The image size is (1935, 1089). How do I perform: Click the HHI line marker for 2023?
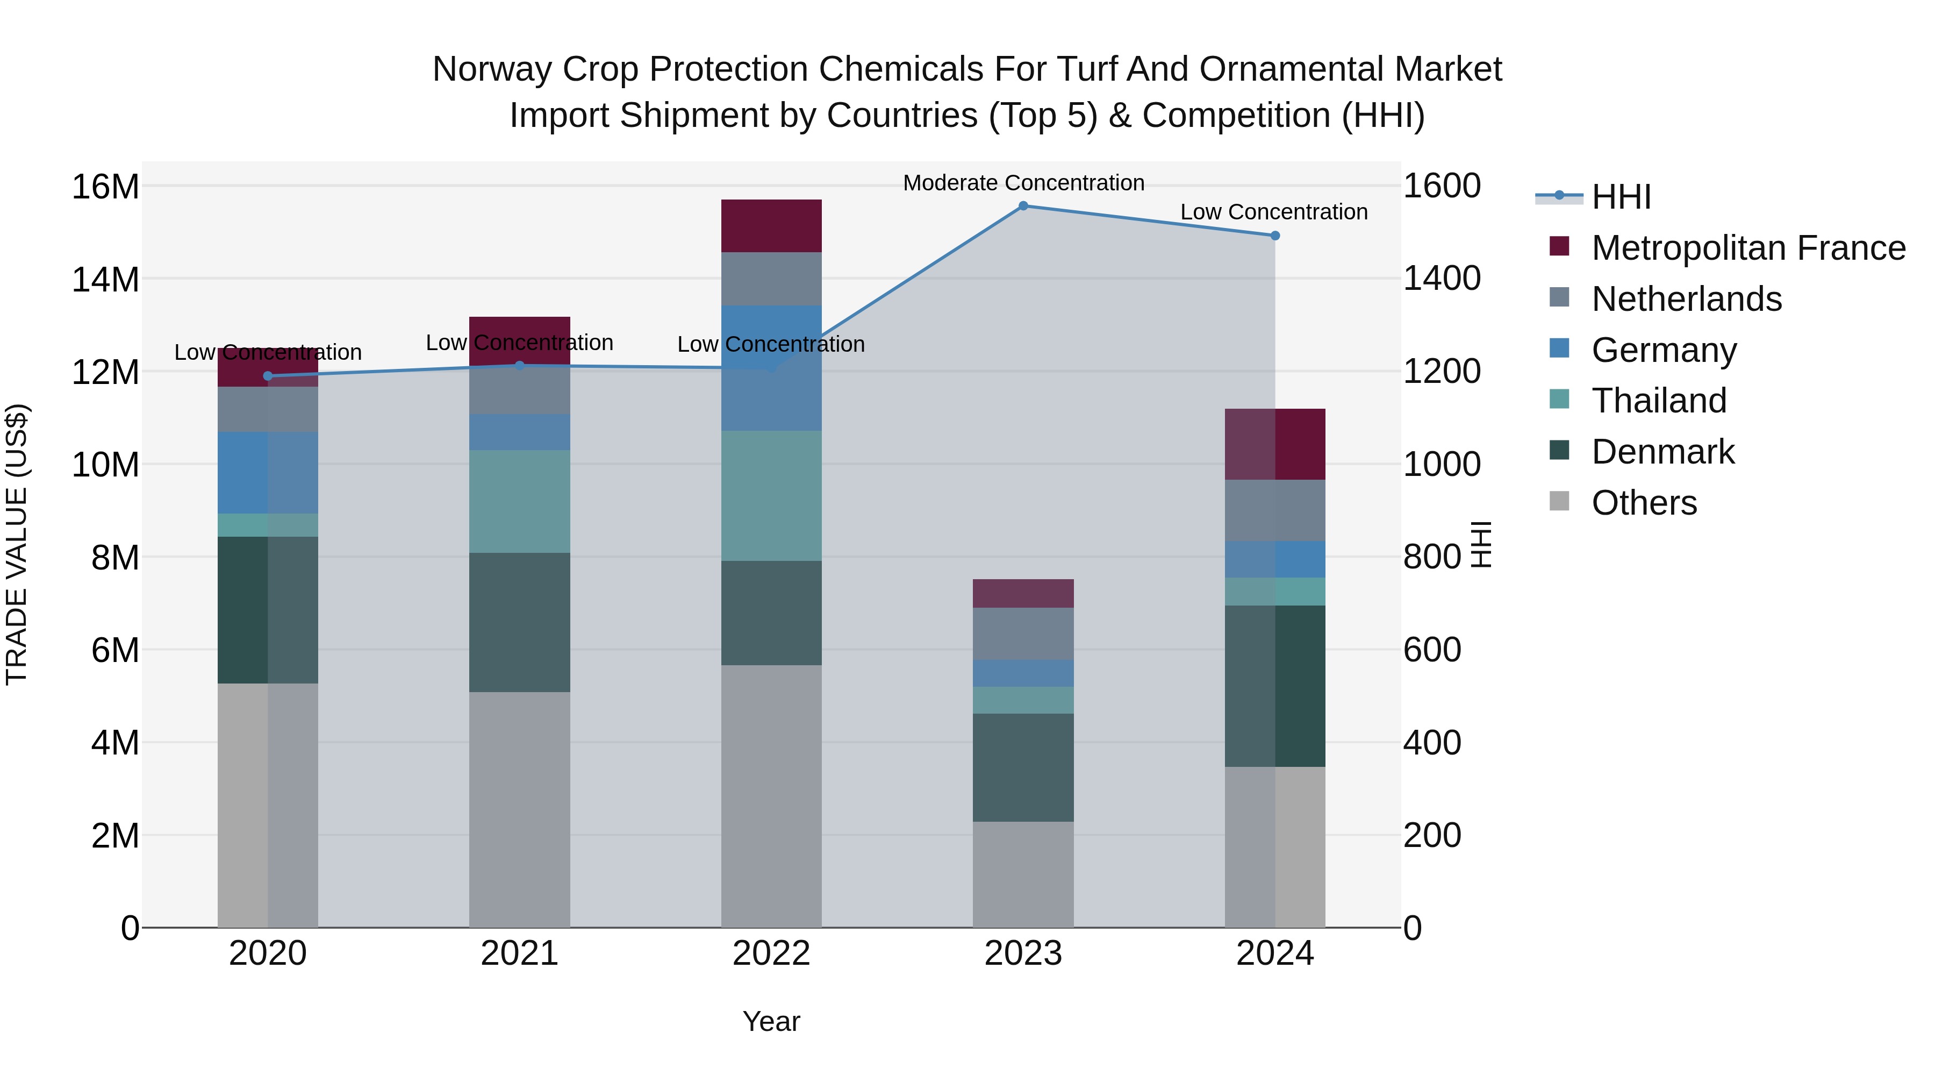click(x=1023, y=206)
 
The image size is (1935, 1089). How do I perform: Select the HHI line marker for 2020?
click(x=268, y=376)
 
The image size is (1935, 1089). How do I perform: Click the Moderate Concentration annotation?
click(x=1023, y=183)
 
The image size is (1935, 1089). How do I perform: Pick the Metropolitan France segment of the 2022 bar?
click(x=771, y=225)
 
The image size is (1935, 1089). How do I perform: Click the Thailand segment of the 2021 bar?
click(x=520, y=501)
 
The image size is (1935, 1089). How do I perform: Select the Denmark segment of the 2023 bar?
click(x=1023, y=767)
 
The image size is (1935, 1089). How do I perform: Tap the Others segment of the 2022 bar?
click(x=771, y=796)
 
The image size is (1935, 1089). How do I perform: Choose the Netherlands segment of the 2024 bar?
click(x=1275, y=510)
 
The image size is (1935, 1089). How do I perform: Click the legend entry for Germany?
click(x=1663, y=350)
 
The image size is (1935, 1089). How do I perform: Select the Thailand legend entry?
click(x=1659, y=401)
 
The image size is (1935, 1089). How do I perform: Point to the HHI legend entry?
click(x=1620, y=197)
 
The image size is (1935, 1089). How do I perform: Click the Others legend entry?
click(x=1644, y=503)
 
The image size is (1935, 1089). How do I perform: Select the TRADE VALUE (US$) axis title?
click(x=17, y=544)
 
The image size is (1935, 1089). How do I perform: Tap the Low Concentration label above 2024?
click(x=1274, y=212)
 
